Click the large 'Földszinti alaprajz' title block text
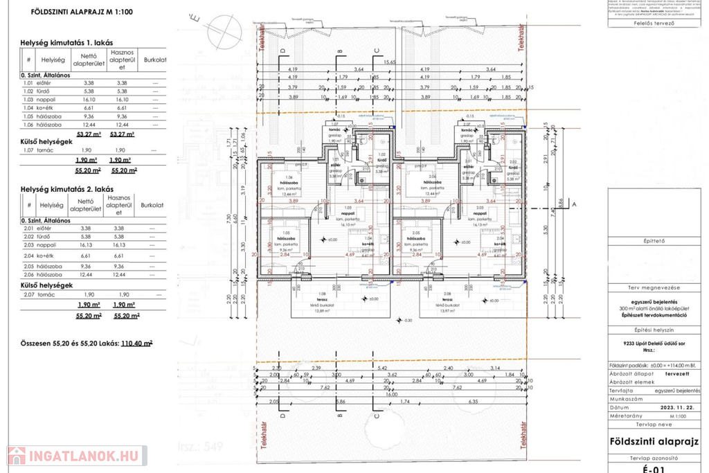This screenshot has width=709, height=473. click(654, 441)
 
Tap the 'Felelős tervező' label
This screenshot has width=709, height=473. click(654, 22)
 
